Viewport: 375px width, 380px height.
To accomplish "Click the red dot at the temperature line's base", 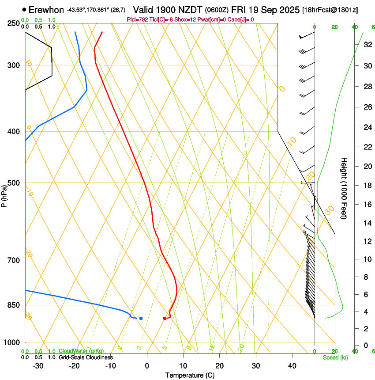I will [x=165, y=318].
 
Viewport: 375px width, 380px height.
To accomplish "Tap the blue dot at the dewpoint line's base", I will [x=141, y=318].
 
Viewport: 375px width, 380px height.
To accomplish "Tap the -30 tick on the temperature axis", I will [x=38, y=366].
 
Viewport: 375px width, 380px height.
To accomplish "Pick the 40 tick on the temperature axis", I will [x=292, y=366].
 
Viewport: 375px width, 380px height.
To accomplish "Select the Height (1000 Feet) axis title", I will [x=344, y=188].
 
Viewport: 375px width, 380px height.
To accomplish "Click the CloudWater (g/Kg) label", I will [x=81, y=351].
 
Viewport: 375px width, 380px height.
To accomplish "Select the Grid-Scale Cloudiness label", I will [x=86, y=357].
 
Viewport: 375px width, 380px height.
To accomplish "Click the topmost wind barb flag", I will [x=302, y=37].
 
